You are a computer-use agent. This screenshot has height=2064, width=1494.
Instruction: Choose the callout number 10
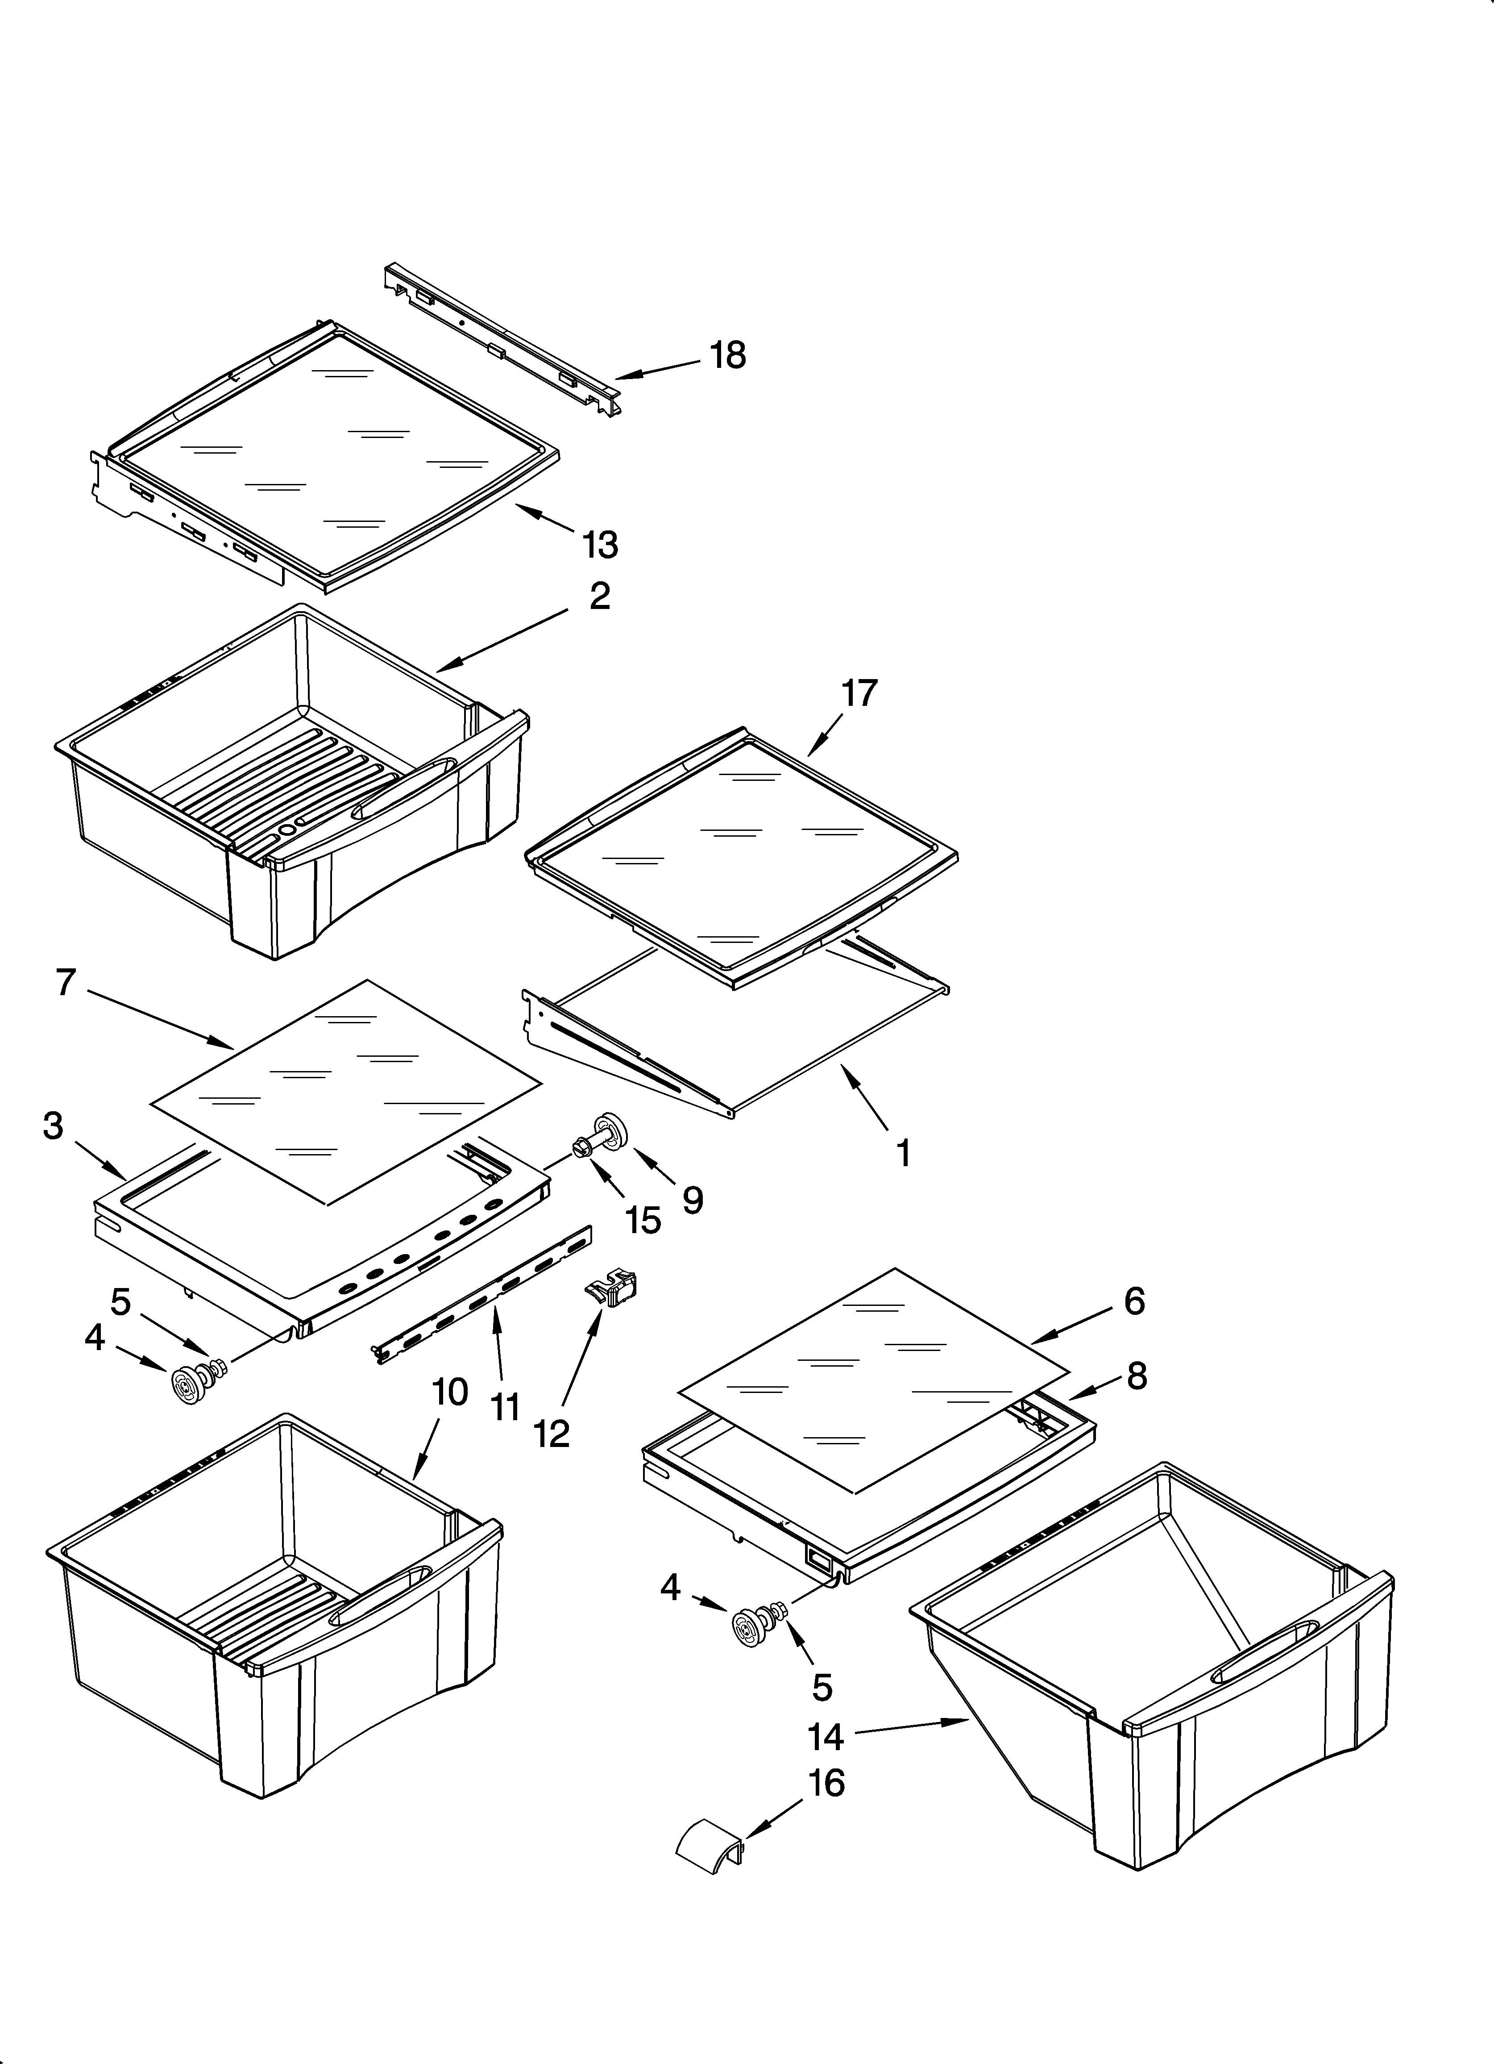[449, 1417]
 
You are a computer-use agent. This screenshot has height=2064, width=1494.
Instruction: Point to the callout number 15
[643, 1220]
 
